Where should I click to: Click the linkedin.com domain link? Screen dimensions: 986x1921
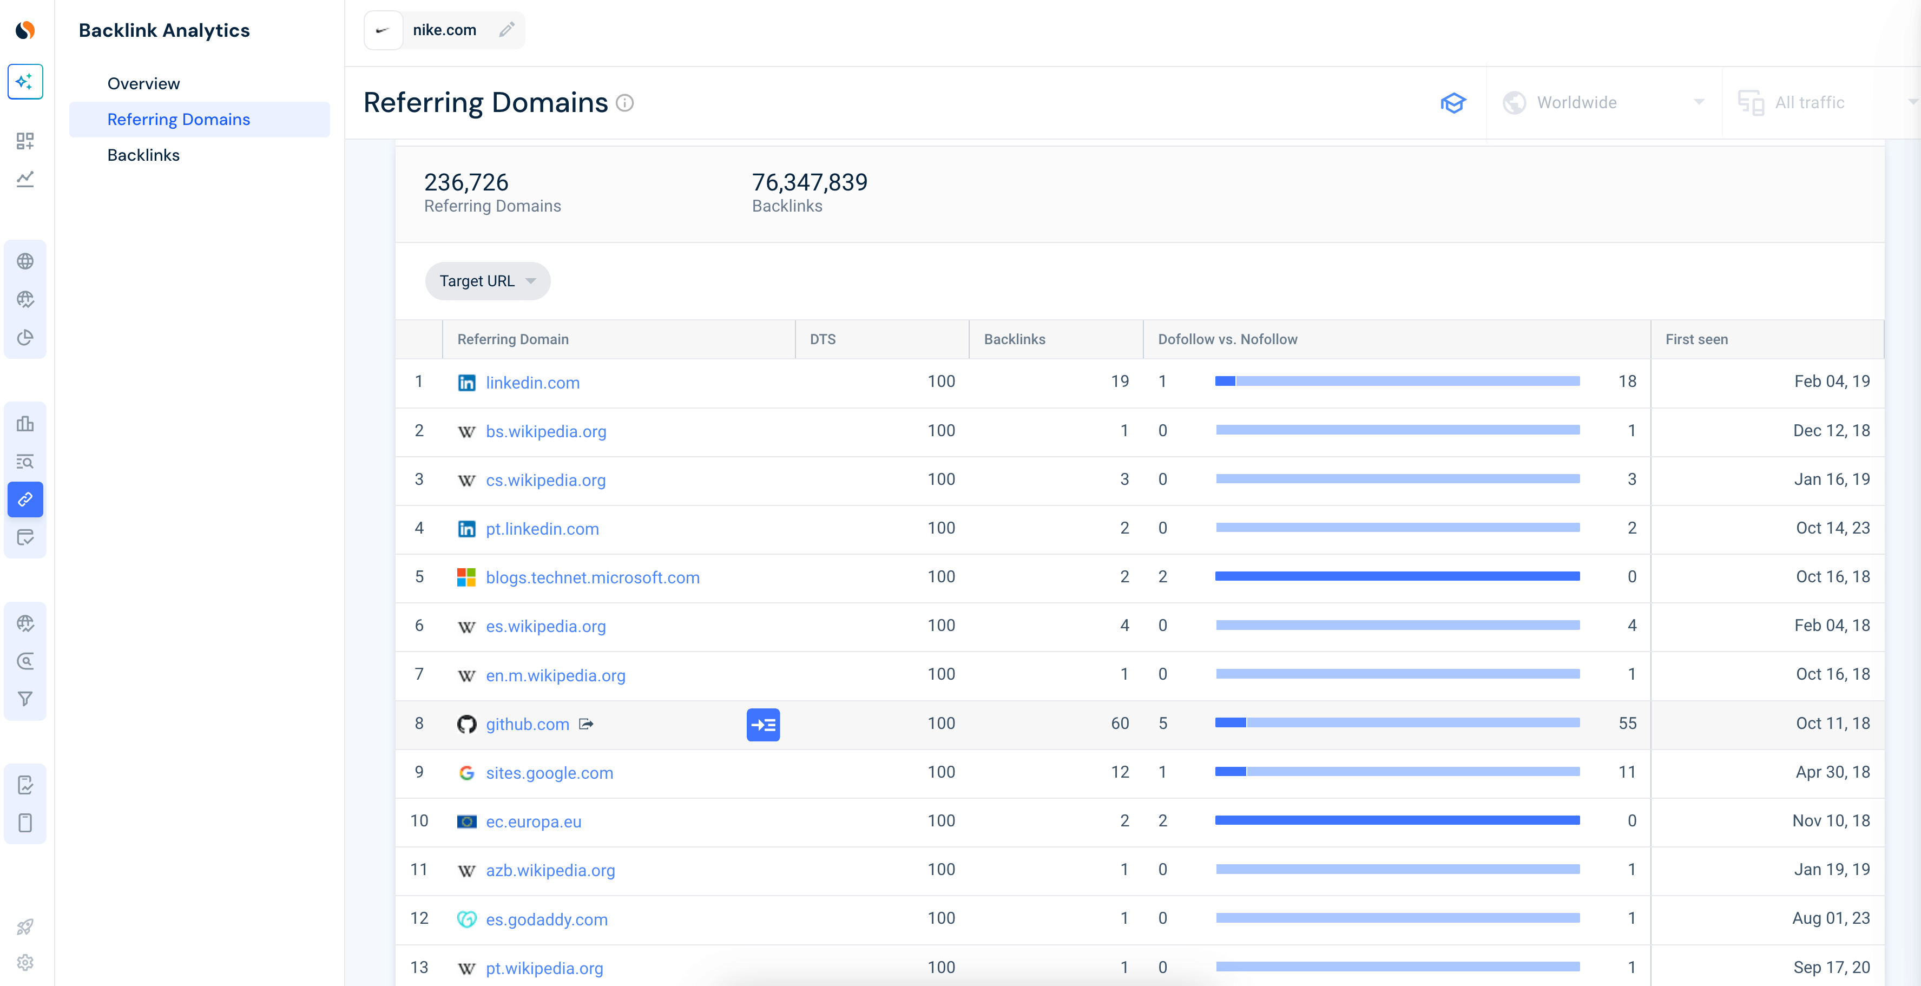(x=532, y=383)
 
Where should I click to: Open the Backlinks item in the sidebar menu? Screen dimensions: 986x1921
(x=143, y=155)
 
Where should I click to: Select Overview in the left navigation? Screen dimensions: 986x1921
(x=143, y=83)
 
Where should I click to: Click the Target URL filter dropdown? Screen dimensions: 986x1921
(x=487, y=281)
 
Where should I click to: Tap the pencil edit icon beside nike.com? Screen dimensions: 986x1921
(x=506, y=30)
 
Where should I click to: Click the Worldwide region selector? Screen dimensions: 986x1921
(x=1603, y=103)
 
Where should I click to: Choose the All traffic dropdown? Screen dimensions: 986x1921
(x=1820, y=103)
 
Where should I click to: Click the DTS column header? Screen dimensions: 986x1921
(x=823, y=339)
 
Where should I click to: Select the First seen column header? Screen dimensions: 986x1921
(x=1696, y=339)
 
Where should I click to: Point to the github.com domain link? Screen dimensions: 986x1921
(x=527, y=724)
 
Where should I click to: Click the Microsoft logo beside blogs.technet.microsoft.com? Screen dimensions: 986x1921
(x=466, y=577)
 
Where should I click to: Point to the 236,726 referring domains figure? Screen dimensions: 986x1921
(x=466, y=182)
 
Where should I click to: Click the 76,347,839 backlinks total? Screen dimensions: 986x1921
(x=809, y=182)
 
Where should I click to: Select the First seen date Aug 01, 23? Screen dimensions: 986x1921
(x=1830, y=918)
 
